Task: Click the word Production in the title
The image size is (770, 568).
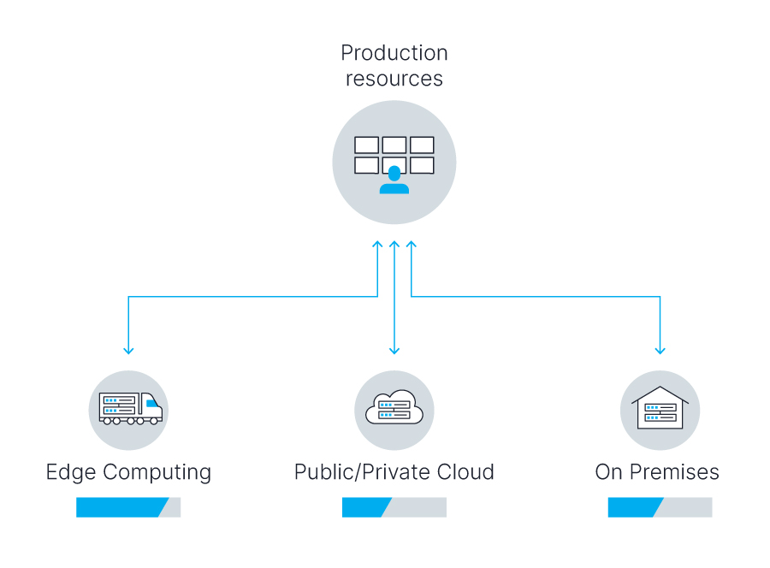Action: (394, 53)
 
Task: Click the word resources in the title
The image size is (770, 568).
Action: (394, 79)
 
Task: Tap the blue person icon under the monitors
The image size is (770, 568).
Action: (394, 180)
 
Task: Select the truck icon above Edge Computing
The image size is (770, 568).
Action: (131, 408)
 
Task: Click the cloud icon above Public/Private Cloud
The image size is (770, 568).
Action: (394, 407)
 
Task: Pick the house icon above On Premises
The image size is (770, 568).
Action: (660, 407)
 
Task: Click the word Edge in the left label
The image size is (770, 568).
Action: (71, 473)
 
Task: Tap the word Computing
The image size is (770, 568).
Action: (157, 473)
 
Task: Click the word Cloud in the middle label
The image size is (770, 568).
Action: (465, 472)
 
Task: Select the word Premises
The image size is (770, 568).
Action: (674, 472)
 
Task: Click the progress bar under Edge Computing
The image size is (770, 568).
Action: (128, 507)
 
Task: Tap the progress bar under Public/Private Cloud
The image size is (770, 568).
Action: (394, 507)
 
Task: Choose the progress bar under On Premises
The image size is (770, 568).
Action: (660, 507)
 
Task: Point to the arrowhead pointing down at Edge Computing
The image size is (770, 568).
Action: (128, 351)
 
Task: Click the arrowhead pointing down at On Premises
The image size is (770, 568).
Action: (660, 351)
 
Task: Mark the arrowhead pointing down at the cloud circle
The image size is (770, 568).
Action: (394, 351)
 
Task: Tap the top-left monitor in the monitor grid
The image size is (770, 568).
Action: (366, 145)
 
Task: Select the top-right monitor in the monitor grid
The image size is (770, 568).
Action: (422, 145)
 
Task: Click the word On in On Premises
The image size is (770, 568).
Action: (609, 472)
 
